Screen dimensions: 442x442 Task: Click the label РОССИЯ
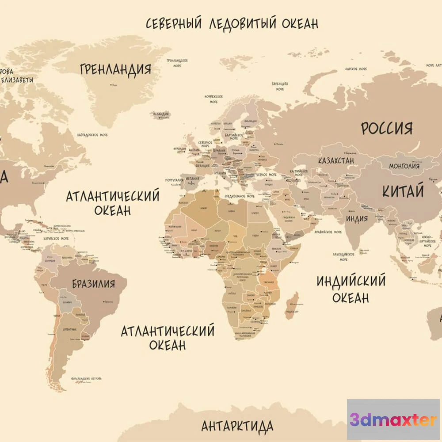(387, 128)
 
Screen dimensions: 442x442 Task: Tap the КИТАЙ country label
(403, 191)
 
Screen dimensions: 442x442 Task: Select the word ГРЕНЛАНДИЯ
(116, 69)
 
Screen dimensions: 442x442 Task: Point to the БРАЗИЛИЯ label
(93, 283)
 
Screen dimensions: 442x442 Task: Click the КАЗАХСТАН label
(336, 160)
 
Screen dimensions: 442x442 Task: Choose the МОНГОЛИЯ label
(404, 166)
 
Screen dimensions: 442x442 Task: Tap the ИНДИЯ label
(357, 218)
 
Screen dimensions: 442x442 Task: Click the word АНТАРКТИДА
(237, 427)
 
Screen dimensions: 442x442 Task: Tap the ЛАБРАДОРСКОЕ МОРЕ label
(92, 135)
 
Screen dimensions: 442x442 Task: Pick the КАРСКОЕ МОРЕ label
(356, 69)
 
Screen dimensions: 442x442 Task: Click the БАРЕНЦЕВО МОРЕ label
(280, 86)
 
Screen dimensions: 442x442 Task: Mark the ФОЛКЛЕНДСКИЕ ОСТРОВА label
(87, 379)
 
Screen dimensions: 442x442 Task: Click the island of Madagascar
(292, 305)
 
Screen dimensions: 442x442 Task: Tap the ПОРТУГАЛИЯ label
(174, 180)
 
